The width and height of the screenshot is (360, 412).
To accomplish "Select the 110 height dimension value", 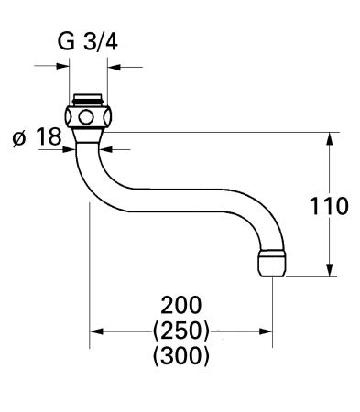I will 329,206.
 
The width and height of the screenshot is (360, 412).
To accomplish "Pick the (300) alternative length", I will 181,355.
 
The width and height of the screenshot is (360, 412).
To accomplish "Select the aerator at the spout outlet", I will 271,262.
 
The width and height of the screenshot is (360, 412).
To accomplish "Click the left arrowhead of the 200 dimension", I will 94,331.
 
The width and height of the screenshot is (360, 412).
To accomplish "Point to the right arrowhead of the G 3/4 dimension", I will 114,66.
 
